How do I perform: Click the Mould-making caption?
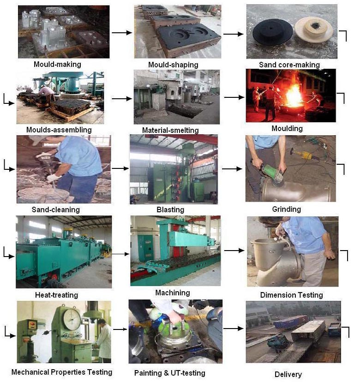pyautogui.click(x=57, y=64)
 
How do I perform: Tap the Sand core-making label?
pyautogui.click(x=289, y=65)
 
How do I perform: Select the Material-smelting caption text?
pyautogui.click(x=170, y=130)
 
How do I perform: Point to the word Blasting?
pyautogui.click(x=170, y=209)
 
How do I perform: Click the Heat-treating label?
pyautogui.click(x=57, y=295)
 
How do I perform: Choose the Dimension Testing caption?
pyautogui.click(x=292, y=295)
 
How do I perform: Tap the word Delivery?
pyautogui.click(x=288, y=374)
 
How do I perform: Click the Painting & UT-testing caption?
pyautogui.click(x=170, y=373)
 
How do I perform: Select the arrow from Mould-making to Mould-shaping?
pyautogui.click(x=122, y=32)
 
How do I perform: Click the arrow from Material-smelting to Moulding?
pyautogui.click(x=234, y=97)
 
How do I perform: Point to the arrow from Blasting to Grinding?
pyautogui.click(x=232, y=169)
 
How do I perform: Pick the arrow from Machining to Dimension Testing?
pyautogui.click(x=234, y=251)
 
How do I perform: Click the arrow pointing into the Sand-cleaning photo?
pyautogui.click(x=9, y=166)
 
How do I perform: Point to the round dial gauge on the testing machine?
pyautogui.click(x=72, y=319)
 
